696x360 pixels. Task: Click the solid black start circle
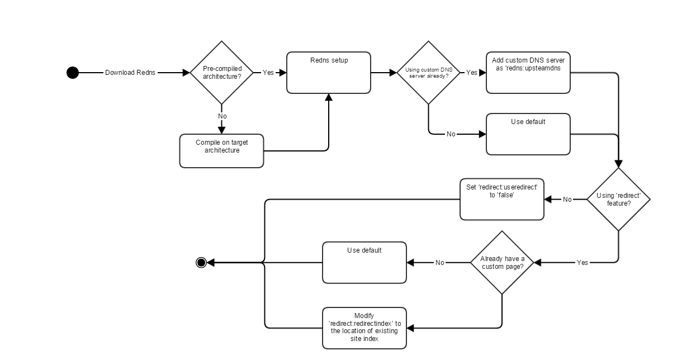(73, 73)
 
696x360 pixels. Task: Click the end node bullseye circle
(201, 263)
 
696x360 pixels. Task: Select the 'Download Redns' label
(130, 73)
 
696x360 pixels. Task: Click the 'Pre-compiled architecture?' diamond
(222, 73)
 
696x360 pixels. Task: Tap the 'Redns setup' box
(329, 73)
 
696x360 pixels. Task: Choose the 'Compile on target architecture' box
(221, 150)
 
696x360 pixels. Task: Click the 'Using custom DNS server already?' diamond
(429, 73)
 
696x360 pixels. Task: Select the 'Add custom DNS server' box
(528, 73)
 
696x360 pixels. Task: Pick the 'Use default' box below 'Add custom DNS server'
(528, 134)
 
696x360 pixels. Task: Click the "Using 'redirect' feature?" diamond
(618, 200)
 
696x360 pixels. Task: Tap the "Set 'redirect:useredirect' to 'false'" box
(502, 200)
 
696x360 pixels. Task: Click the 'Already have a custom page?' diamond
(502, 263)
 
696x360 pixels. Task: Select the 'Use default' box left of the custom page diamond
(364, 263)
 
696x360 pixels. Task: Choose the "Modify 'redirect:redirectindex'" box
(364, 328)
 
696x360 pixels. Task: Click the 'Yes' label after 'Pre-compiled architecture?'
(268, 73)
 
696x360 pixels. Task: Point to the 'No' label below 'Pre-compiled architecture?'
(222, 116)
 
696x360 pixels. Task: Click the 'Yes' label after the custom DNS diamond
(472, 73)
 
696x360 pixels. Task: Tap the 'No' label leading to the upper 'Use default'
(451, 134)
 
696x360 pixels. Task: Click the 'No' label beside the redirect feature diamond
(567, 200)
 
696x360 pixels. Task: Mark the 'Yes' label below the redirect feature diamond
(582, 263)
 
